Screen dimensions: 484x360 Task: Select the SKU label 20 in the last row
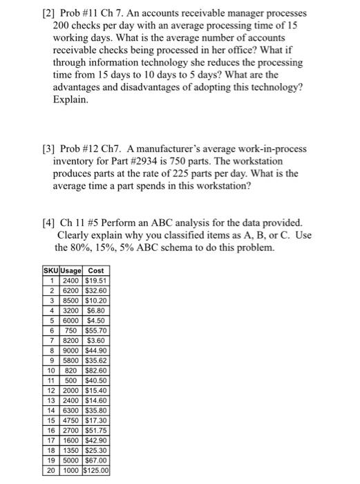click(51, 470)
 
